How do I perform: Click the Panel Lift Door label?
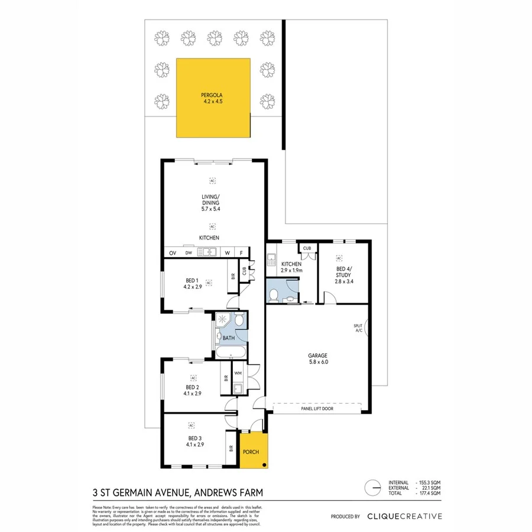[x=316, y=408]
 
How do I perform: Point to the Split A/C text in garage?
[x=358, y=328]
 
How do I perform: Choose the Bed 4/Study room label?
[x=343, y=278]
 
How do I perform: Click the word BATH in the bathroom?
[x=228, y=339]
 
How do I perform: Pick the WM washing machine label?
[x=238, y=373]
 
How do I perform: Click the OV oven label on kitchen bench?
[x=173, y=253]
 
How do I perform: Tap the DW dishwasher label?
[x=189, y=253]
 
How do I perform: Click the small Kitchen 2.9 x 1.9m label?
[x=291, y=267]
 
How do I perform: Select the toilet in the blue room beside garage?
[x=274, y=296]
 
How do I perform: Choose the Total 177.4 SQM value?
[x=427, y=493]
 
